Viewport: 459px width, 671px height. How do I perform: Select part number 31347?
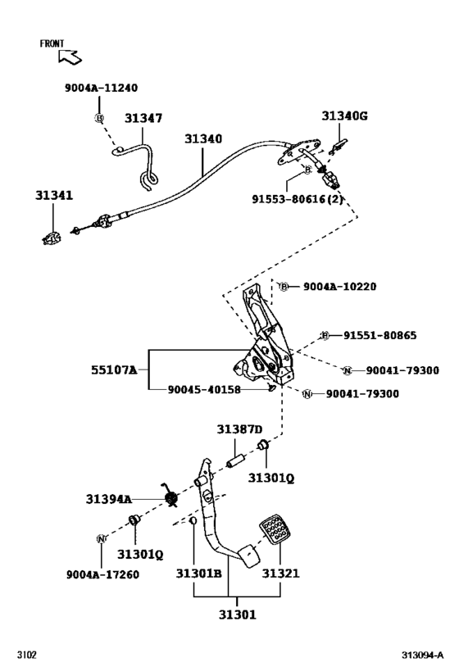click(143, 119)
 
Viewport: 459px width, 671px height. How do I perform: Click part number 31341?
click(53, 196)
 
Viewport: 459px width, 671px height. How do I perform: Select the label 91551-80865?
click(379, 335)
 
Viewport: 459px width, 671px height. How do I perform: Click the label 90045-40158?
click(204, 390)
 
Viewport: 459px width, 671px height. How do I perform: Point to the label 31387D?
click(239, 429)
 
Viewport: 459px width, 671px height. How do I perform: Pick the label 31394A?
click(108, 498)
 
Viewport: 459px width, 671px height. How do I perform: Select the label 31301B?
click(198, 574)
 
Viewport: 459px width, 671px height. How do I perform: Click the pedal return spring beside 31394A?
click(172, 496)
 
